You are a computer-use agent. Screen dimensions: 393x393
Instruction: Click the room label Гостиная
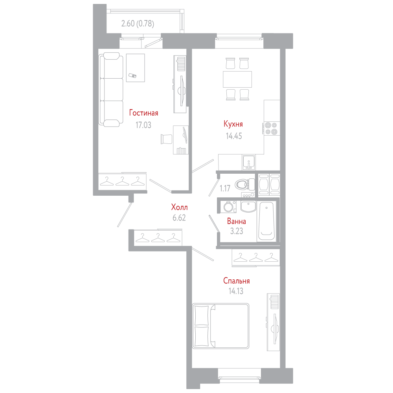pos(144,113)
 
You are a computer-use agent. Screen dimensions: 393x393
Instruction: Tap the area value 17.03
pos(143,125)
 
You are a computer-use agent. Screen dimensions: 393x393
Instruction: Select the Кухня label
pos(233,124)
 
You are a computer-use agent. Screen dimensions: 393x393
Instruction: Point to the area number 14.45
pos(233,136)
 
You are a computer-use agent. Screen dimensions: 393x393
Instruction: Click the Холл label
pos(179,207)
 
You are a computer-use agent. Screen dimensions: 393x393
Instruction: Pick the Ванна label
pos(237,221)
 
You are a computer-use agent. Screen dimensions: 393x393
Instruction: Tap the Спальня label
pos(237,281)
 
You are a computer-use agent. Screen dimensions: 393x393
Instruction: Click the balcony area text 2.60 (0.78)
pos(138,24)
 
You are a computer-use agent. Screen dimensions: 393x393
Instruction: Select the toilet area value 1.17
pos(225,188)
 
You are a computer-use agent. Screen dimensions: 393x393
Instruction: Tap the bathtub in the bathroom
pos(266,221)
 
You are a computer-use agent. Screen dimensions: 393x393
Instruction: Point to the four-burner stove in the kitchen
pos(271,128)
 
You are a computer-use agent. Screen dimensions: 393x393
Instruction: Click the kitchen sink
pos(248,162)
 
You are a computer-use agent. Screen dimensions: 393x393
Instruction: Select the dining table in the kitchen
pos(237,79)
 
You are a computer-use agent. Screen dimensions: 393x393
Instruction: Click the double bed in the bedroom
pos(221,325)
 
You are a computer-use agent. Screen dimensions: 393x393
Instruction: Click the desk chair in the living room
pos(166,139)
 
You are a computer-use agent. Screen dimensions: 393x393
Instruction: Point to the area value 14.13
pos(236,292)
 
